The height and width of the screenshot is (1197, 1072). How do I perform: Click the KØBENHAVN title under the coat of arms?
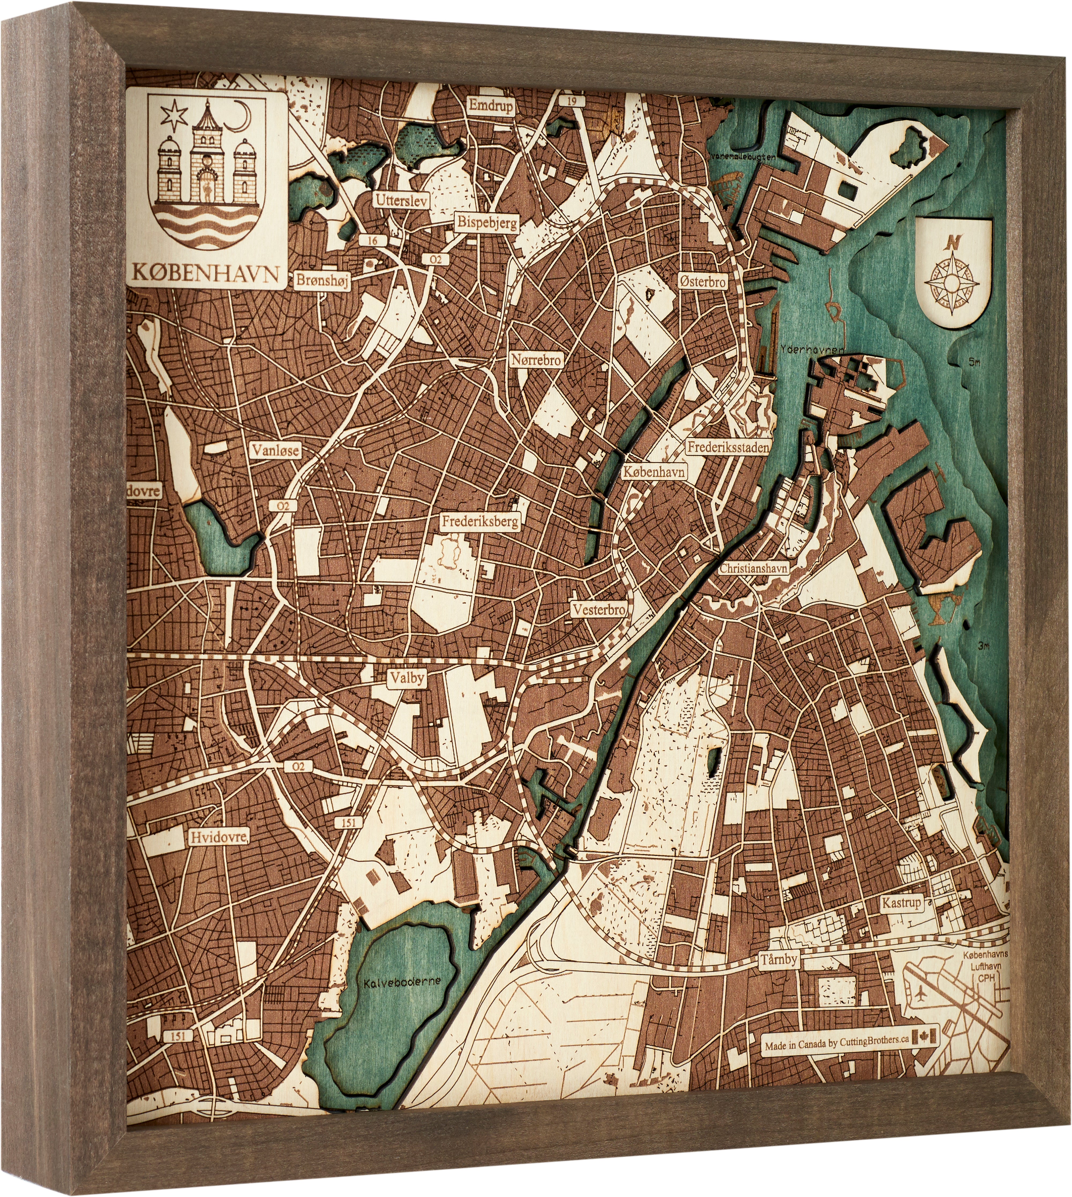tap(206, 273)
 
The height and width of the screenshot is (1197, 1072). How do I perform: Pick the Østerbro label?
tap(703, 281)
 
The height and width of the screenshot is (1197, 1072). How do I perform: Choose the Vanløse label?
tap(276, 451)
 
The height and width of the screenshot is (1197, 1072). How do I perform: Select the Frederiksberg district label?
tap(481, 521)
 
